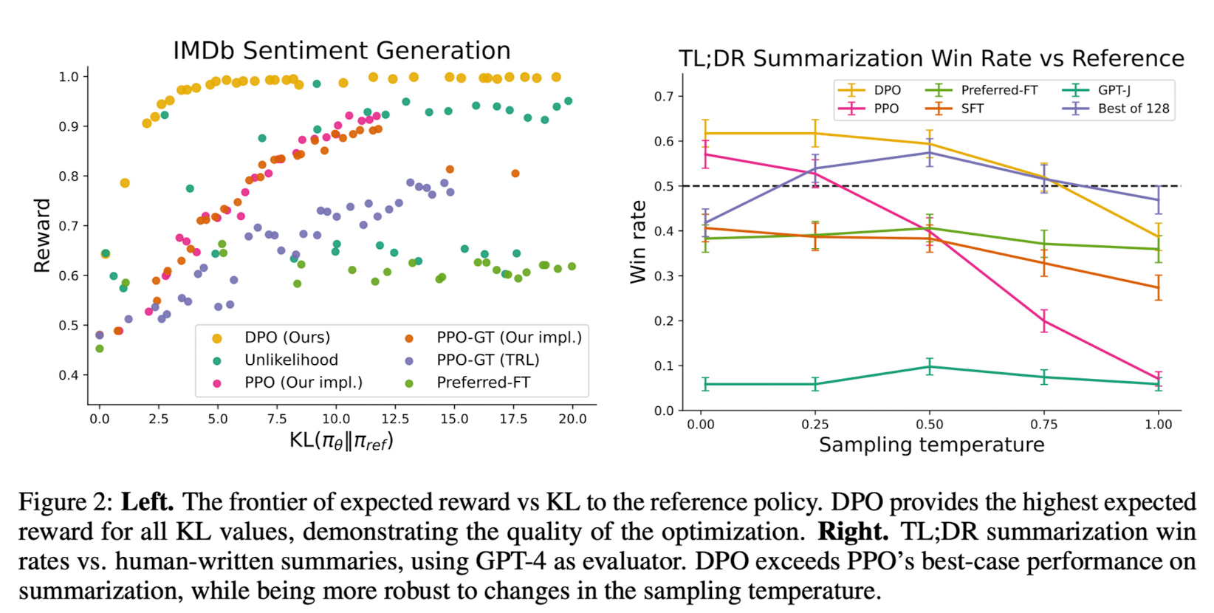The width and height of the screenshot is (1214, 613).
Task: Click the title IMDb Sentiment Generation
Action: click(341, 51)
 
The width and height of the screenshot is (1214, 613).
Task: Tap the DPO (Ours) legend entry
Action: click(287, 338)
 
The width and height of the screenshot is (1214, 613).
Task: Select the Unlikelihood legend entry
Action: click(291, 360)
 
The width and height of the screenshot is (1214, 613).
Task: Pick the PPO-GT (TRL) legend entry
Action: click(487, 360)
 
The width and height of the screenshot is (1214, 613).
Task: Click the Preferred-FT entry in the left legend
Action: click(483, 383)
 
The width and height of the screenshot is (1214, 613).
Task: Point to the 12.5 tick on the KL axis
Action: click(395, 419)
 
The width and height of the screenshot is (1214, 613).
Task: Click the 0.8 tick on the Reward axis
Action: click(69, 177)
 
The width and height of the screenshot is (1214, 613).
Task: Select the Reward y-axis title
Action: click(42, 235)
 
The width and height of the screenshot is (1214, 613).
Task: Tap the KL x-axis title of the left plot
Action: click(341, 441)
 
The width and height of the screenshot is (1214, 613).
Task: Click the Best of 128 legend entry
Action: click(1133, 109)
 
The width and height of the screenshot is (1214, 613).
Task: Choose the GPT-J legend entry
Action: click(1114, 90)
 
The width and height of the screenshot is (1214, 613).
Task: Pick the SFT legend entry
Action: click(972, 109)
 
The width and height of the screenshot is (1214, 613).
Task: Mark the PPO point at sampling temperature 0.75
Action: click(1044, 321)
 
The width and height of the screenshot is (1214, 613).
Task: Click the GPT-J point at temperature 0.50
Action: click(930, 366)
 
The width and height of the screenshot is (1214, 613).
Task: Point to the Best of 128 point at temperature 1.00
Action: click(1159, 199)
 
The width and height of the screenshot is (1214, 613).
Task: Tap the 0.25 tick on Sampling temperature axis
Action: click(815, 425)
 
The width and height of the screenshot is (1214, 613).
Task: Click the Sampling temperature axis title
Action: click(931, 445)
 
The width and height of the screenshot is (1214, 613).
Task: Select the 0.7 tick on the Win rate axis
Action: click(664, 96)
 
